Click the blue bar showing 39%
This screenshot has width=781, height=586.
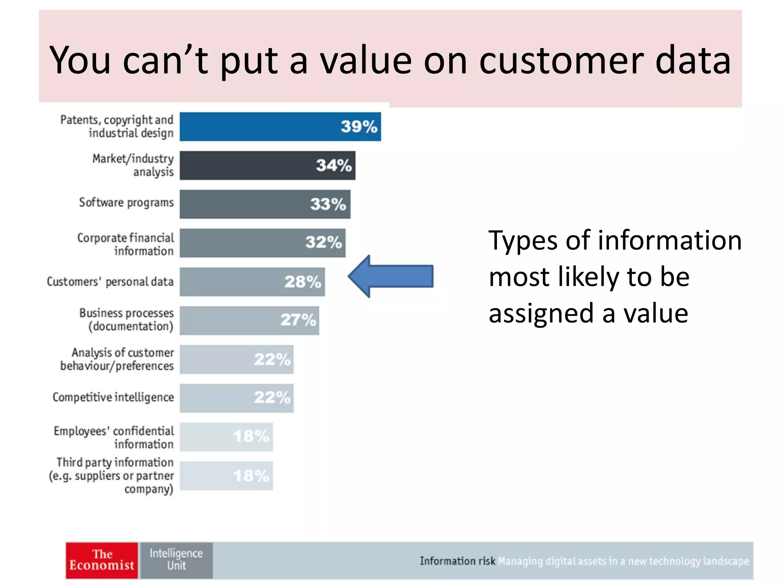coord(280,127)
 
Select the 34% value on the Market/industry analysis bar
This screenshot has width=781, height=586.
coord(334,166)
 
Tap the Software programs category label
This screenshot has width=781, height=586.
coord(126,203)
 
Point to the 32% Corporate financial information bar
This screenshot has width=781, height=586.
coord(262,243)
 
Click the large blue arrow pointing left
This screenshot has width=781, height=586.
coord(391,276)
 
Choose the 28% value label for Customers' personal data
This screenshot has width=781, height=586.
coord(303,282)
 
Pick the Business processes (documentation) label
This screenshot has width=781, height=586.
coord(127,320)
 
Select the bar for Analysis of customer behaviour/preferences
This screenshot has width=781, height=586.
coord(236,359)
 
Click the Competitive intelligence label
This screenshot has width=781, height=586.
coord(113,398)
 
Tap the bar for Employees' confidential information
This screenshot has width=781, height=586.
coord(226,437)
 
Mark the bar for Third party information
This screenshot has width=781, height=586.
coord(226,476)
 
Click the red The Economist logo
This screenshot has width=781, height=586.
coord(102,560)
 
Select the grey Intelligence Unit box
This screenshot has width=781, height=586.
coord(176,560)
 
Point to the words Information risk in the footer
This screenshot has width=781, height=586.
coord(457,561)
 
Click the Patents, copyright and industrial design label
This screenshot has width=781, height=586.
coord(117,126)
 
